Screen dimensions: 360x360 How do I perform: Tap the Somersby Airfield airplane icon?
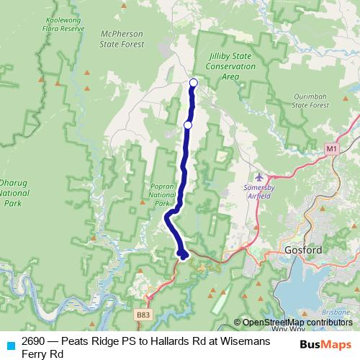pyautogui.click(x=259, y=177)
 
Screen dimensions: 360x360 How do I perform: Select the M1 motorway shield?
pyautogui.click(x=330, y=148)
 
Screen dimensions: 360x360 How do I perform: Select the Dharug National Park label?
pyautogui.click(x=14, y=192)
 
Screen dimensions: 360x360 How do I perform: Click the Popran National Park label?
pyautogui.click(x=161, y=194)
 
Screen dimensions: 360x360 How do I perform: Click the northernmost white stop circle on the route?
pyautogui.click(x=193, y=82)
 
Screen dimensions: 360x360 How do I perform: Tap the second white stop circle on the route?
pyautogui.click(x=188, y=125)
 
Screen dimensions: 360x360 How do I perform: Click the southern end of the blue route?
pyautogui.click(x=184, y=254)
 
